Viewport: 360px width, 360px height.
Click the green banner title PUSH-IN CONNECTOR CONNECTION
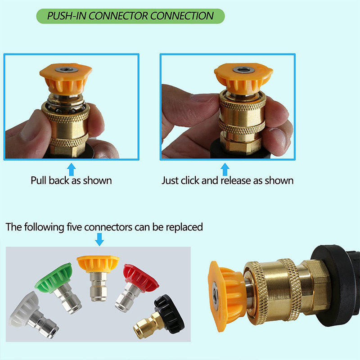click(130, 16)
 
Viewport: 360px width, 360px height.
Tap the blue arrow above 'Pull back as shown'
click(72, 170)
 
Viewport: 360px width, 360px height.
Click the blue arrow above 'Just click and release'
click(225, 170)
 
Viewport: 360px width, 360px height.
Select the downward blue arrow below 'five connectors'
click(99, 239)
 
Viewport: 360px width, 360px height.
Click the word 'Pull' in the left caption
click(39, 180)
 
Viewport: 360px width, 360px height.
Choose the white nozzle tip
click(33, 314)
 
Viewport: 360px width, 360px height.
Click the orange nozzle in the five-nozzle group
click(98, 277)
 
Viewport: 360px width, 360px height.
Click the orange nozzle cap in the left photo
click(66, 78)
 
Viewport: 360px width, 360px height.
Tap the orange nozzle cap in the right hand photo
click(243, 78)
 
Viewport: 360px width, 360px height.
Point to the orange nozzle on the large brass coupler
click(226, 296)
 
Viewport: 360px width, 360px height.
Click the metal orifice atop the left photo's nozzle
click(66, 70)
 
